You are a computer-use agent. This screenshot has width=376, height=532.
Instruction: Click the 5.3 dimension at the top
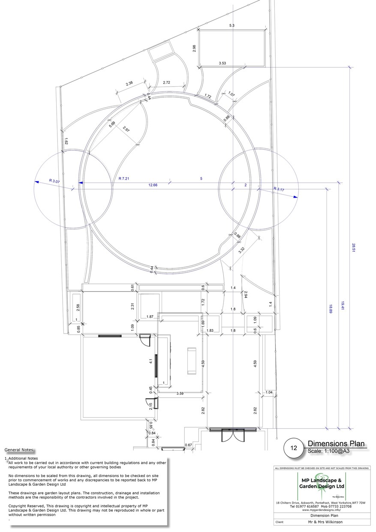click(232, 26)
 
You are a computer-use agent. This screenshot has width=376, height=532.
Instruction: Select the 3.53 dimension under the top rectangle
click(222, 63)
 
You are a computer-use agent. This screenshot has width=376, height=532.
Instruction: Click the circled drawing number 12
click(294, 448)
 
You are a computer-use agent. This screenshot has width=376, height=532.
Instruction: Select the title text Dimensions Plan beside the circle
click(336, 444)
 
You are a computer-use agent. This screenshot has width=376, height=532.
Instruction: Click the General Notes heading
click(18, 450)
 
